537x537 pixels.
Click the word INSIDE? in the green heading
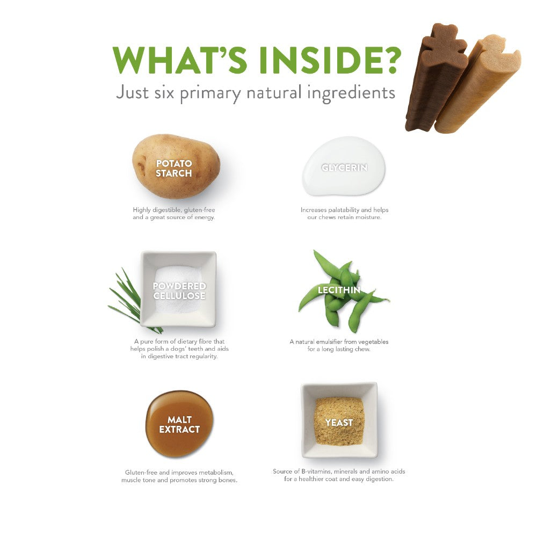tap(330, 60)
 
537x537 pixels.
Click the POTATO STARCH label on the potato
tap(174, 168)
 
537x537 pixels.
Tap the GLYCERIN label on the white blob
tap(344, 168)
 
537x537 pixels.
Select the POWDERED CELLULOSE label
tap(179, 291)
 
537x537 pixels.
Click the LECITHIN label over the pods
tap(339, 290)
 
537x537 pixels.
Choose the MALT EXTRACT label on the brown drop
tap(179, 424)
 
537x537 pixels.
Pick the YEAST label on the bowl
tap(339, 423)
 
